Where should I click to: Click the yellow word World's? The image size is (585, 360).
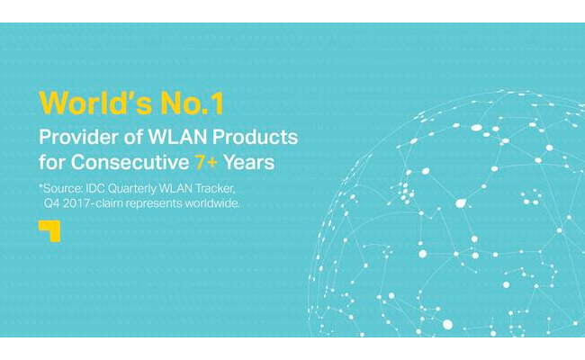point(95,103)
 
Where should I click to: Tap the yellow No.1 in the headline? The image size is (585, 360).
point(192,103)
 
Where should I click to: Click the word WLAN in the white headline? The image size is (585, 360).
point(178,137)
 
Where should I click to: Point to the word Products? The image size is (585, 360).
point(256,137)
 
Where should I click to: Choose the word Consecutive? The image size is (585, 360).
point(130,162)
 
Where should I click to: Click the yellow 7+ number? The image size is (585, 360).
point(206,162)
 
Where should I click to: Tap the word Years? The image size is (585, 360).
point(248,163)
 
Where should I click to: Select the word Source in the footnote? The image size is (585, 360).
point(61,189)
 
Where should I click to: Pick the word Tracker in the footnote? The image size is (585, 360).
point(216,189)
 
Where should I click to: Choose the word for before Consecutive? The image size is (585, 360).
point(52,162)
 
